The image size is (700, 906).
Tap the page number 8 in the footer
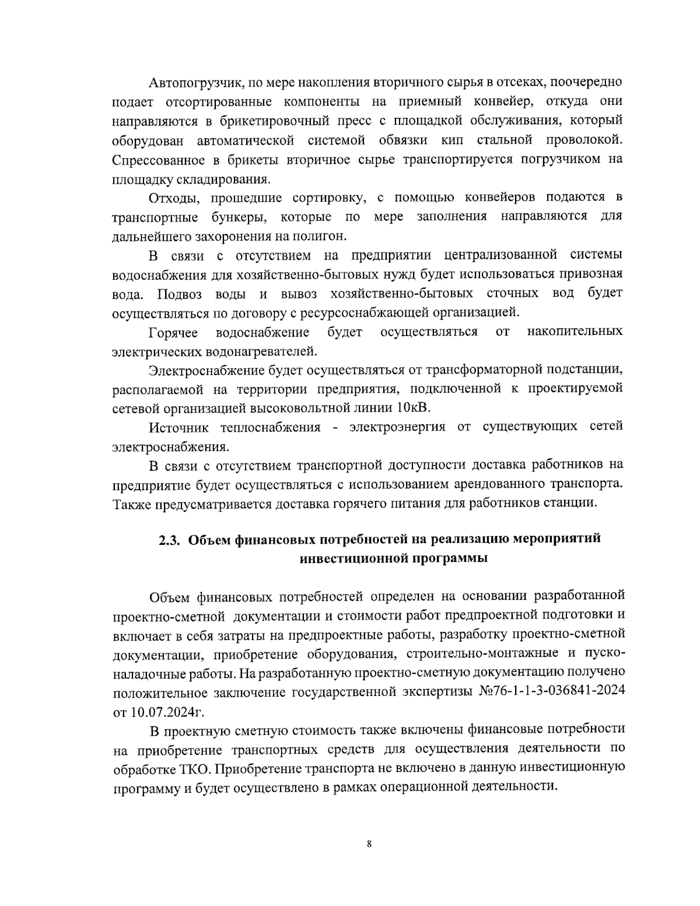369,844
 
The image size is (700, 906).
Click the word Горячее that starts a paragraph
173,332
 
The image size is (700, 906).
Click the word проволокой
584,140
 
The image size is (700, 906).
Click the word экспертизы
435,692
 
